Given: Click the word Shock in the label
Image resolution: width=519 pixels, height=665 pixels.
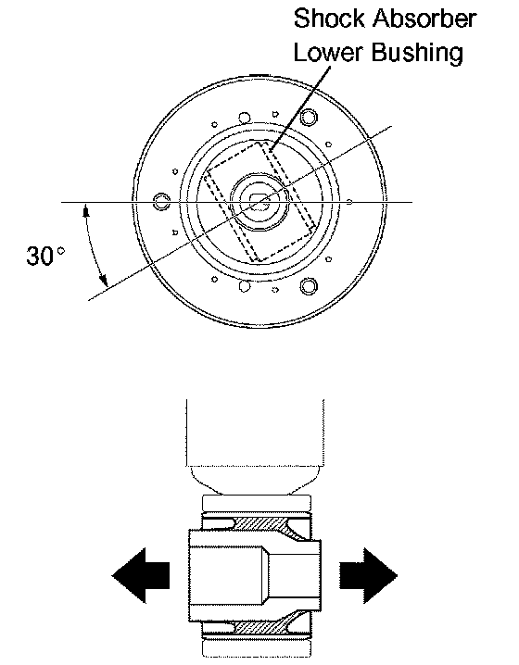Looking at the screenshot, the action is tap(329, 19).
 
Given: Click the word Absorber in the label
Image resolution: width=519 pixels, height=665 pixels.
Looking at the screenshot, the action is tap(424, 19).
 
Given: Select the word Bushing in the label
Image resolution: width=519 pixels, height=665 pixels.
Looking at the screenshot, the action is tap(417, 54).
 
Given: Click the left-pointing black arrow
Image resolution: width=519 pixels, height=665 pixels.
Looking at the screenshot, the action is tap(141, 575).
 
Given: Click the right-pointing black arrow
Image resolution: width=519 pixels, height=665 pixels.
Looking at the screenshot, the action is tap(368, 575).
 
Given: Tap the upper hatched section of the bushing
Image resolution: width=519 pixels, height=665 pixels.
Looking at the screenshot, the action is tap(258, 523).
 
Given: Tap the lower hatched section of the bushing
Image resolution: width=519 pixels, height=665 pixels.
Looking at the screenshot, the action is tap(258, 628).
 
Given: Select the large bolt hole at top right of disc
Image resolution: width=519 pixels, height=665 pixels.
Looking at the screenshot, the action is tap(309, 117).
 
